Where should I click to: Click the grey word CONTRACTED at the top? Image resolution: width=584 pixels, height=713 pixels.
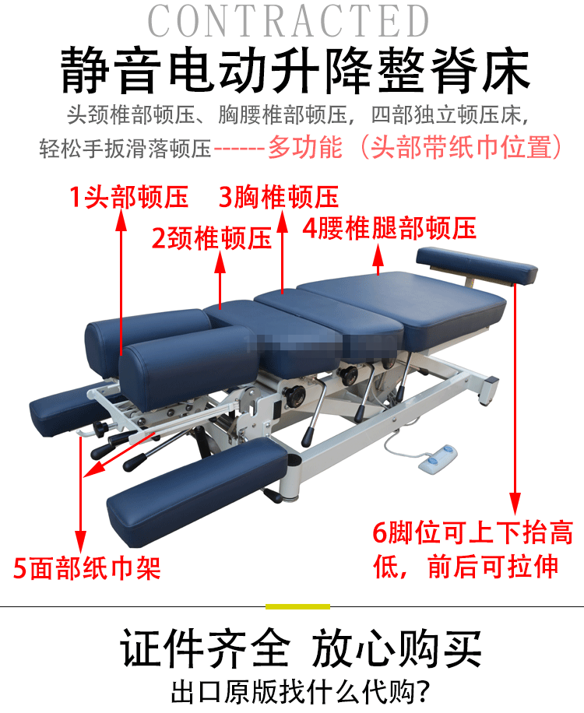(288, 21)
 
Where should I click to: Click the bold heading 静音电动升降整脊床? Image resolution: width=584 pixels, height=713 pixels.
(295, 71)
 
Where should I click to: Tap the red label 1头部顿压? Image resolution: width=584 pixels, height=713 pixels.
(128, 198)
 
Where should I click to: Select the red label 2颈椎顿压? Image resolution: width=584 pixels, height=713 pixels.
(212, 238)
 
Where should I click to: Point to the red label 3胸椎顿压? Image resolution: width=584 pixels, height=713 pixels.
(278, 197)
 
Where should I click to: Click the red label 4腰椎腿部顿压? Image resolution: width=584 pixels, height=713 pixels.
(389, 228)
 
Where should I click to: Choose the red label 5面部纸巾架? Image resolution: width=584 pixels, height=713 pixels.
(87, 568)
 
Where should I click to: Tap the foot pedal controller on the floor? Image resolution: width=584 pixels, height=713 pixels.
(438, 460)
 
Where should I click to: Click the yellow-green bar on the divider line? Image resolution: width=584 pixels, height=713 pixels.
(297, 606)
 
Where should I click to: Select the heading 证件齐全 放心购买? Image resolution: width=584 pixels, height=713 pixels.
(301, 648)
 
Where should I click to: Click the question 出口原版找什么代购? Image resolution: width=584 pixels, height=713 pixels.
(301, 692)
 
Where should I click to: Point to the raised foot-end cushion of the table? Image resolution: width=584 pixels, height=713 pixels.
(477, 265)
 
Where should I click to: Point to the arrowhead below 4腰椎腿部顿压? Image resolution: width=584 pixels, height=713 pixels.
(378, 255)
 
